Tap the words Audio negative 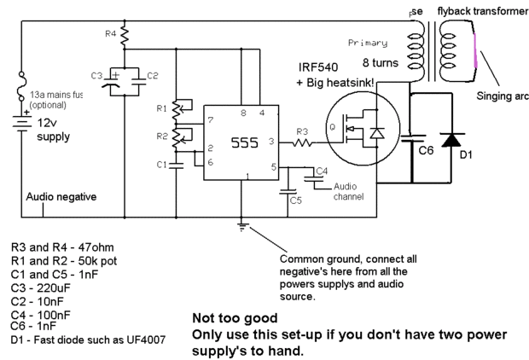point(62,196)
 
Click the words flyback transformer point(476,11)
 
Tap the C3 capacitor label point(96,77)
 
